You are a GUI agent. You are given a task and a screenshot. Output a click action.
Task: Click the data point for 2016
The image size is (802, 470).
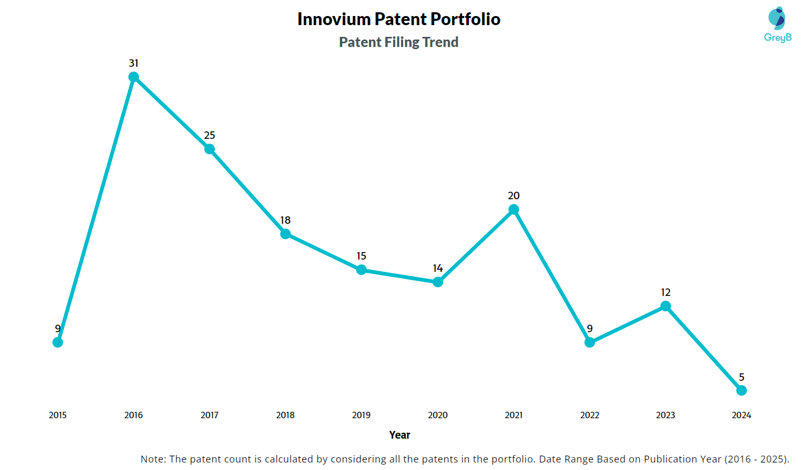tap(134, 77)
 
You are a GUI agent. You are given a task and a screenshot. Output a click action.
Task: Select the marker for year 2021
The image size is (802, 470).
tap(514, 209)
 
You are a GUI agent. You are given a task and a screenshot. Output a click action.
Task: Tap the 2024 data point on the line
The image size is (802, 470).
tap(742, 390)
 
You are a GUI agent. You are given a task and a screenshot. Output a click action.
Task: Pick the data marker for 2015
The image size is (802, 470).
tap(58, 342)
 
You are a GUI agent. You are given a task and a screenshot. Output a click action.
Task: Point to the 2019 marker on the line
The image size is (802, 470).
tap(361, 270)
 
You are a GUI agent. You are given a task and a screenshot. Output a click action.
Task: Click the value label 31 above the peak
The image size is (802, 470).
tap(134, 63)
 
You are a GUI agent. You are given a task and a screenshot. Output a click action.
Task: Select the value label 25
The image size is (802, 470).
tap(210, 135)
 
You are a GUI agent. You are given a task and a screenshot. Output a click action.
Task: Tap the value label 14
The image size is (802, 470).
tap(438, 268)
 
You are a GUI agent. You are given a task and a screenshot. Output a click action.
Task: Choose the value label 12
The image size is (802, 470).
tap(666, 292)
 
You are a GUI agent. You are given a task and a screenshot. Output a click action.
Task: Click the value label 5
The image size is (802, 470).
tap(742, 377)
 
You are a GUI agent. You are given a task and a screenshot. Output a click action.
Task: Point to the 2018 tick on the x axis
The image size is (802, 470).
tap(286, 415)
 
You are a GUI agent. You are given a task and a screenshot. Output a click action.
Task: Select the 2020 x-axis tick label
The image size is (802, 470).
tap(438, 415)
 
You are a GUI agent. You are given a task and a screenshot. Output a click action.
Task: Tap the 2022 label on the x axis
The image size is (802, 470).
tap(590, 415)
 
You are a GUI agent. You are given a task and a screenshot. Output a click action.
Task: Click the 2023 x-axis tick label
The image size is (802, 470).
tap(666, 415)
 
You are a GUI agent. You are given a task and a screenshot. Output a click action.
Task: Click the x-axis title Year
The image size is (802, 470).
tap(400, 435)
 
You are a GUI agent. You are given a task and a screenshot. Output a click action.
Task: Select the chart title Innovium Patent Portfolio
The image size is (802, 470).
tap(399, 19)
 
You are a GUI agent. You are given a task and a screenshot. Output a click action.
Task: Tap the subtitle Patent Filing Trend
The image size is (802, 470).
tap(399, 42)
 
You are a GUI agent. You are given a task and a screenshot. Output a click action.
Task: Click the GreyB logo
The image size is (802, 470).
tap(777, 25)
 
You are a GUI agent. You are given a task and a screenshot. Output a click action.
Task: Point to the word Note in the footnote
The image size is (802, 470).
tap(153, 459)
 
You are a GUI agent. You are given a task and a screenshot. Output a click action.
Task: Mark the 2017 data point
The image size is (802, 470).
tap(210, 149)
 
